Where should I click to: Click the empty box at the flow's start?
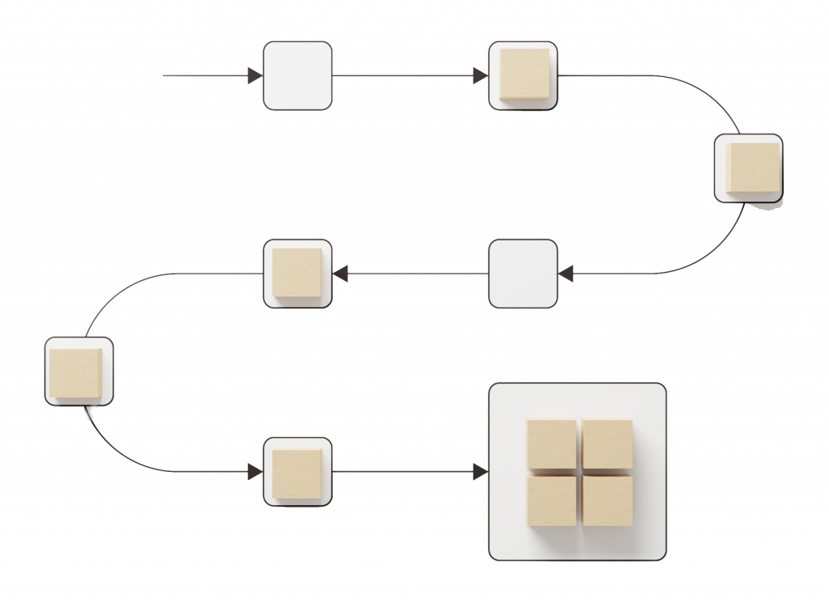(x=297, y=76)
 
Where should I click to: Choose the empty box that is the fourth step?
(x=523, y=274)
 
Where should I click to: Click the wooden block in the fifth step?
(x=297, y=273)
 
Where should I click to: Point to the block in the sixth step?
(x=77, y=372)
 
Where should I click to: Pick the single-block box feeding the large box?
(x=297, y=472)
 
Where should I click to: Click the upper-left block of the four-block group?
(x=551, y=444)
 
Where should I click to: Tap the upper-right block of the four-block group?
(x=607, y=444)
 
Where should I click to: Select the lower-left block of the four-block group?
(x=551, y=500)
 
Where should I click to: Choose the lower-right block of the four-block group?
(x=607, y=500)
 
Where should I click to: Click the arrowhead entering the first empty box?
(x=254, y=76)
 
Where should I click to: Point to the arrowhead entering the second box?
(x=480, y=76)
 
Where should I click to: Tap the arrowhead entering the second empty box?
(x=567, y=274)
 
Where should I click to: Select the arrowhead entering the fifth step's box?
(x=341, y=274)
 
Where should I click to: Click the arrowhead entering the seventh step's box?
(x=254, y=471)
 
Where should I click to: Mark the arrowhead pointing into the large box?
(x=480, y=471)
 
